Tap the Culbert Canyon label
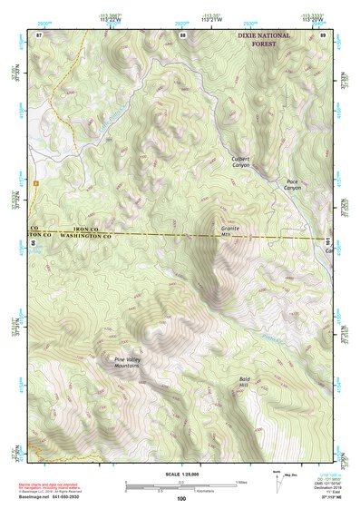pos(239,162)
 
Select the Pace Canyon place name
pos(292,186)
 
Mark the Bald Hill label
pos(243,383)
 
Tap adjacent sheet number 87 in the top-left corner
pos(39,34)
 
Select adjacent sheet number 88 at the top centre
pos(182,34)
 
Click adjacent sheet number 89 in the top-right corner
pos(323,34)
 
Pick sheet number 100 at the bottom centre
pos(181,498)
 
